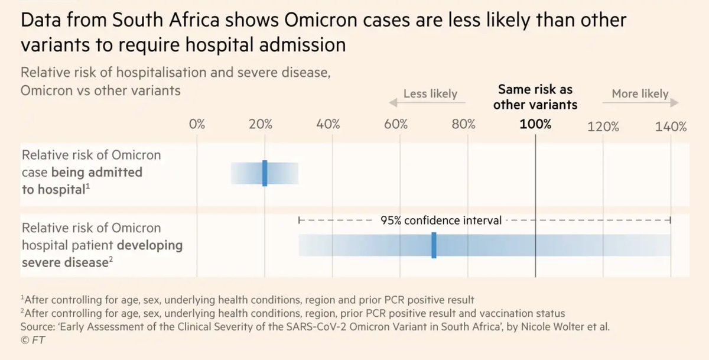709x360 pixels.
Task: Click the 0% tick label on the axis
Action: (197, 125)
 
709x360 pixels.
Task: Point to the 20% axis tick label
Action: (261, 125)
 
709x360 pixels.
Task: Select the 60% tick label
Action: (396, 125)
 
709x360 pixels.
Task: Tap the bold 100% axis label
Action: (535, 125)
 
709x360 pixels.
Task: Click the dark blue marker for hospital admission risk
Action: (265, 173)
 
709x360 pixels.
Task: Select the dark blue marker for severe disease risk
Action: (434, 245)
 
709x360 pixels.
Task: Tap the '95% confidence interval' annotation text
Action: (441, 220)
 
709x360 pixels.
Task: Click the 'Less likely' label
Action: (430, 94)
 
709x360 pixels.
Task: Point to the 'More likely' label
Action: (640, 93)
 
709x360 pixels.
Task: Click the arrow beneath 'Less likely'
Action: (427, 103)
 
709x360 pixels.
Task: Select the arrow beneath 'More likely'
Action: (640, 103)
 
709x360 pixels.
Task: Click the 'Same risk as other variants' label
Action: (535, 97)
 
